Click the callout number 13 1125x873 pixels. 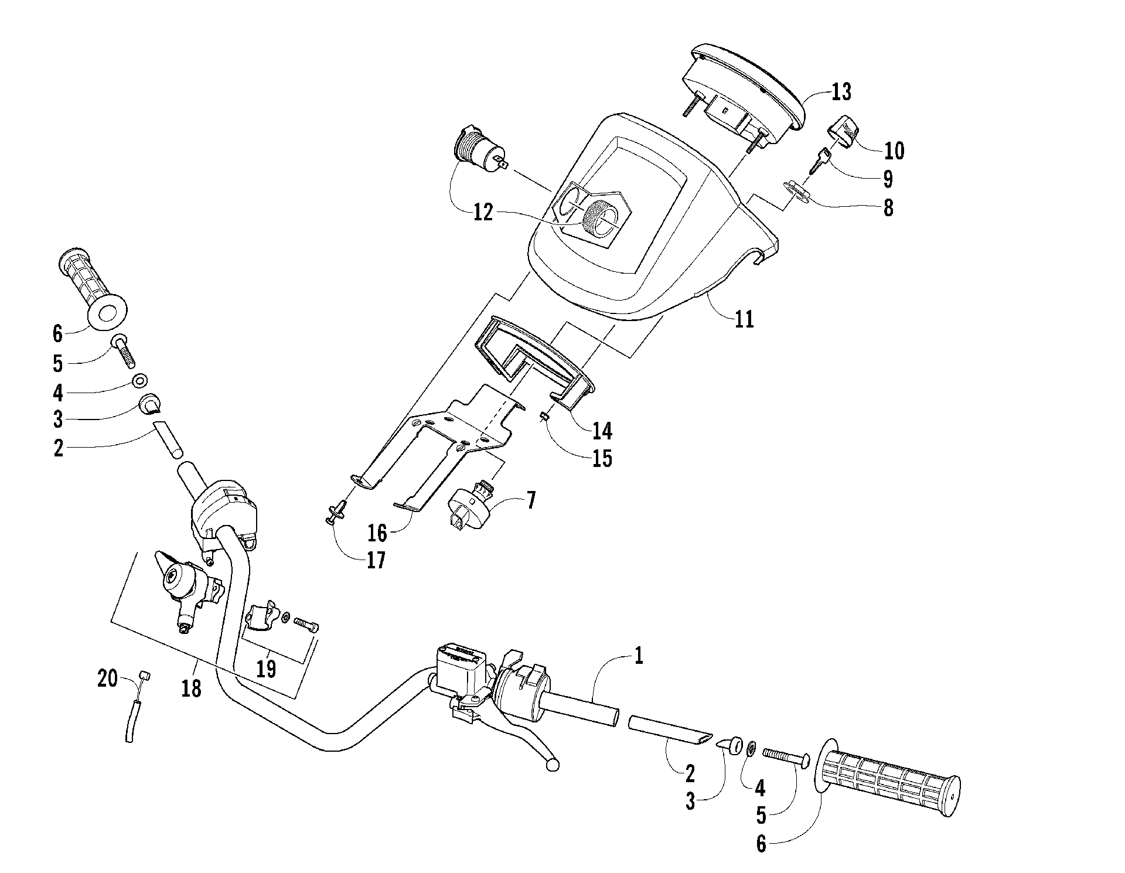(841, 92)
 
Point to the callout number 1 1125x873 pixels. (639, 656)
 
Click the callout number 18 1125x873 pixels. (191, 689)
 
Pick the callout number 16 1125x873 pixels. (377, 533)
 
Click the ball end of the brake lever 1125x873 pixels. (551, 765)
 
